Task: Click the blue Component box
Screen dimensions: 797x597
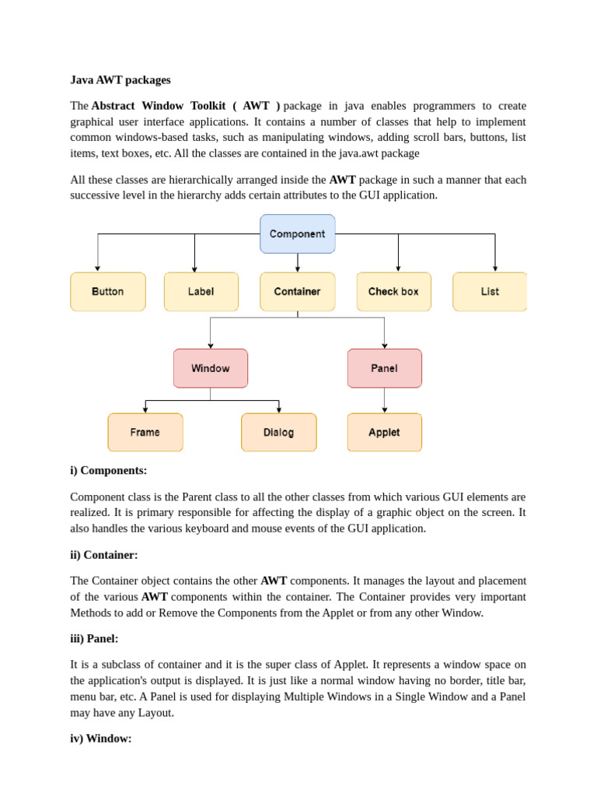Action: pos(298,233)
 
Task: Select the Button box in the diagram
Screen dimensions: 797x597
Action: pos(108,292)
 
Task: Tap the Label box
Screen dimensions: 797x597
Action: pos(201,292)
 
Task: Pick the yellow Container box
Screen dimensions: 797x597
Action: pos(298,292)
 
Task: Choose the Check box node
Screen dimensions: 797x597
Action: pos(393,292)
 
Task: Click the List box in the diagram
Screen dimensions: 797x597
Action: pos(490,292)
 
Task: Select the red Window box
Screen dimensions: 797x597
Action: pos(211,368)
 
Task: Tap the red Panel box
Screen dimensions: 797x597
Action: pos(385,368)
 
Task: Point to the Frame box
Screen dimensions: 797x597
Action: pos(145,432)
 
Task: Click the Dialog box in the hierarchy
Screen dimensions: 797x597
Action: pos(279,432)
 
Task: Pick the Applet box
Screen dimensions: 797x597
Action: pos(385,432)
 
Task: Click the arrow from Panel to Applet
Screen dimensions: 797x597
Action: pos(385,399)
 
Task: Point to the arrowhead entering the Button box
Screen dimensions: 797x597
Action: pos(98,269)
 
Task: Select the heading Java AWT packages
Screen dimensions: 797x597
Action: pos(120,80)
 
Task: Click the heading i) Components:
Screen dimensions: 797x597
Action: pos(109,471)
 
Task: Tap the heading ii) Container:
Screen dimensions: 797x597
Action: pos(104,555)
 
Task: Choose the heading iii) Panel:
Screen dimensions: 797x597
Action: pos(94,639)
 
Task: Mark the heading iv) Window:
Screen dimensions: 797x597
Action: pos(101,739)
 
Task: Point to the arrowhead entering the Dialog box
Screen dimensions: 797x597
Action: pos(279,409)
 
